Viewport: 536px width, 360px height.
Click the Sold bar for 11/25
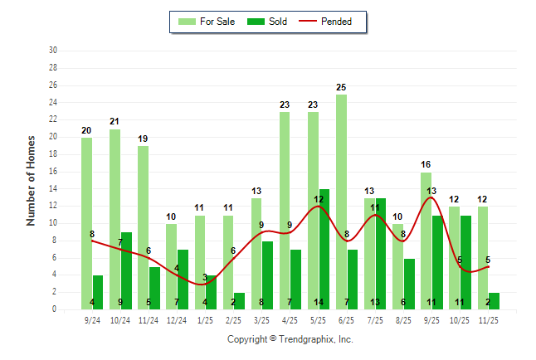pos(495,300)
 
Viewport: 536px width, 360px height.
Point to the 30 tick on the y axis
pos(53,51)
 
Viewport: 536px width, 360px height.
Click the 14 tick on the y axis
pos(53,188)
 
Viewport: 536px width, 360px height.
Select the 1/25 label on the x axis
pos(205,319)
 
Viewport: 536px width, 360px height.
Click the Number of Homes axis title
pos(31,180)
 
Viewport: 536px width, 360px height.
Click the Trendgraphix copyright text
pos(290,339)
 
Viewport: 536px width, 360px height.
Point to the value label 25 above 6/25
pos(341,87)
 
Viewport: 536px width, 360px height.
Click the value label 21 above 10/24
pos(115,122)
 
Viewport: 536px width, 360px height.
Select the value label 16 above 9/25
pos(426,165)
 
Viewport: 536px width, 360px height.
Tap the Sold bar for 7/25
pos(381,253)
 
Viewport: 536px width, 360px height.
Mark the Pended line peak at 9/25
pos(431,197)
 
